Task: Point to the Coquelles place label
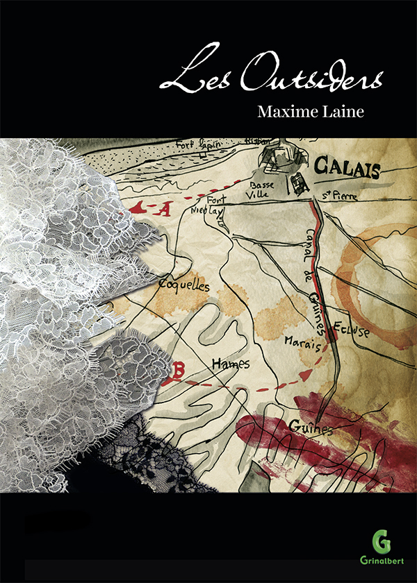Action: tap(183, 284)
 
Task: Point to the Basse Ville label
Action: tap(262, 190)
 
